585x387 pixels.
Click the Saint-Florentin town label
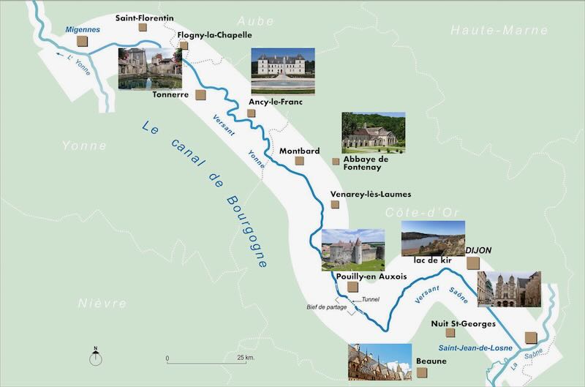click(x=145, y=15)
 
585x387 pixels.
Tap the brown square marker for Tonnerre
click(x=200, y=95)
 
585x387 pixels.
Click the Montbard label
click(x=300, y=151)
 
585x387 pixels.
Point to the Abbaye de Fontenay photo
click(x=373, y=132)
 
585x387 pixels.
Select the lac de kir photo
click(x=433, y=238)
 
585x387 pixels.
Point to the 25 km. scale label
click(x=245, y=358)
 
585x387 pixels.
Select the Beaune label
click(x=431, y=361)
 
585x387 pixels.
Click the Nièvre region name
click(x=102, y=303)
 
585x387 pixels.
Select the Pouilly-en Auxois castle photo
click(x=352, y=249)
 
